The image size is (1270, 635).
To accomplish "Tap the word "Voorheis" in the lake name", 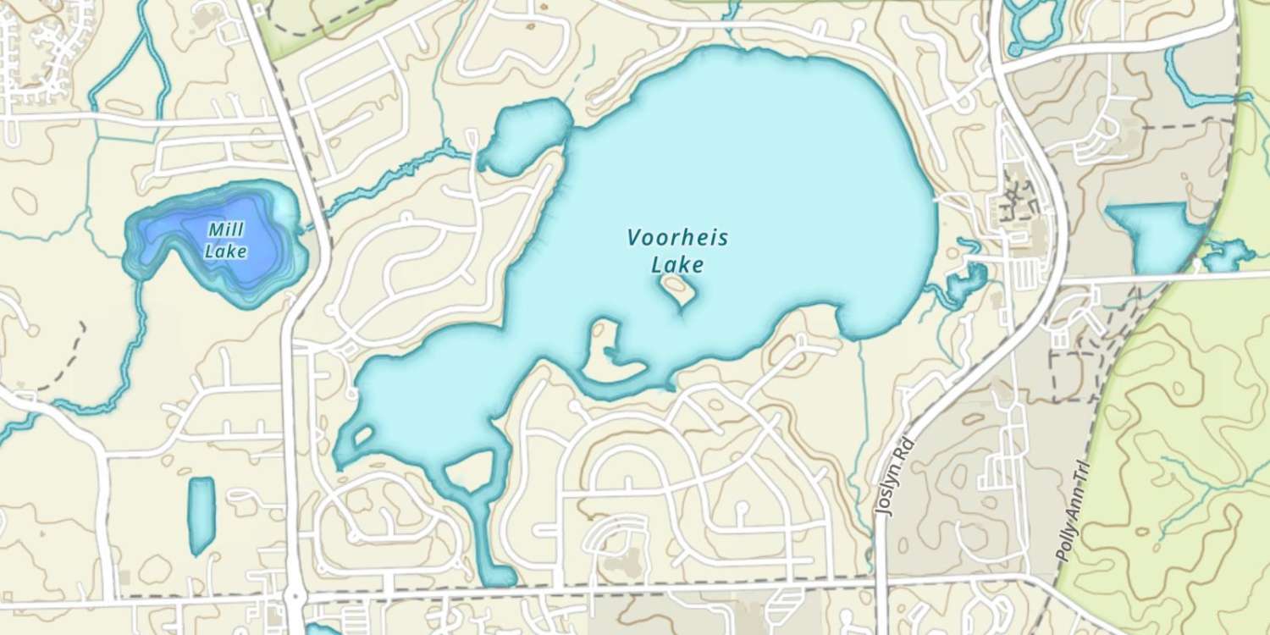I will [677, 238].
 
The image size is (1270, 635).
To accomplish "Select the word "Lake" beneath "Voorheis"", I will [677, 265].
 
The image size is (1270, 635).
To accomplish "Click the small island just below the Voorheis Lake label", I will [679, 290].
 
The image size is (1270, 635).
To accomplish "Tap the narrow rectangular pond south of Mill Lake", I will [201, 514].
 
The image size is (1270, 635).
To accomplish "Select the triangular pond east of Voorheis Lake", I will [1156, 235].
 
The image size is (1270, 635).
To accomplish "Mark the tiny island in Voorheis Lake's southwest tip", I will [362, 436].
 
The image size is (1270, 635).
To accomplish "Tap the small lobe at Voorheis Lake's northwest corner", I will [525, 135].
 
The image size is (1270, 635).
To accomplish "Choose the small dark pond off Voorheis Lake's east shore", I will [965, 284].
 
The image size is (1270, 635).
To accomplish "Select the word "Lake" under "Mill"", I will [226, 251].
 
